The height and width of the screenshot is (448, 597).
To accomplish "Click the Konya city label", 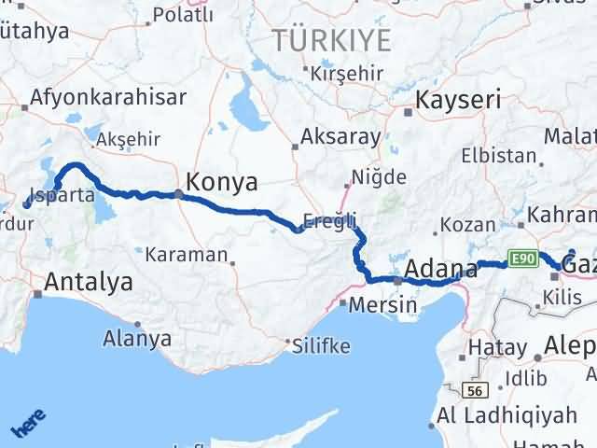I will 223,182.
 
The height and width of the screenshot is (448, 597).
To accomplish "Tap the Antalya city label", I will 89,281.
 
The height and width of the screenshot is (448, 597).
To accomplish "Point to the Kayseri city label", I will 459,100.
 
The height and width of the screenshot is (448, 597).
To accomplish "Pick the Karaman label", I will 186,254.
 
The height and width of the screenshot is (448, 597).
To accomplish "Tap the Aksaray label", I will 341,136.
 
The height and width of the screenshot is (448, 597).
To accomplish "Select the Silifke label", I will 320,346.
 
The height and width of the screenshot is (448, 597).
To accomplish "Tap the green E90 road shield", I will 521,257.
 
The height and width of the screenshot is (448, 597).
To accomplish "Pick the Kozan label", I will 461,225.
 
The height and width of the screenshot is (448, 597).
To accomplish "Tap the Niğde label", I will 379,176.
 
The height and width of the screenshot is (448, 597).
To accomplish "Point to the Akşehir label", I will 123,138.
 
